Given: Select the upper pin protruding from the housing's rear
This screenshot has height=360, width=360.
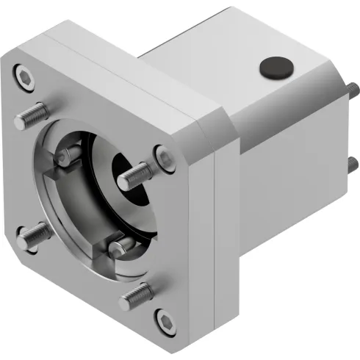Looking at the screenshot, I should coord(353,90).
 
